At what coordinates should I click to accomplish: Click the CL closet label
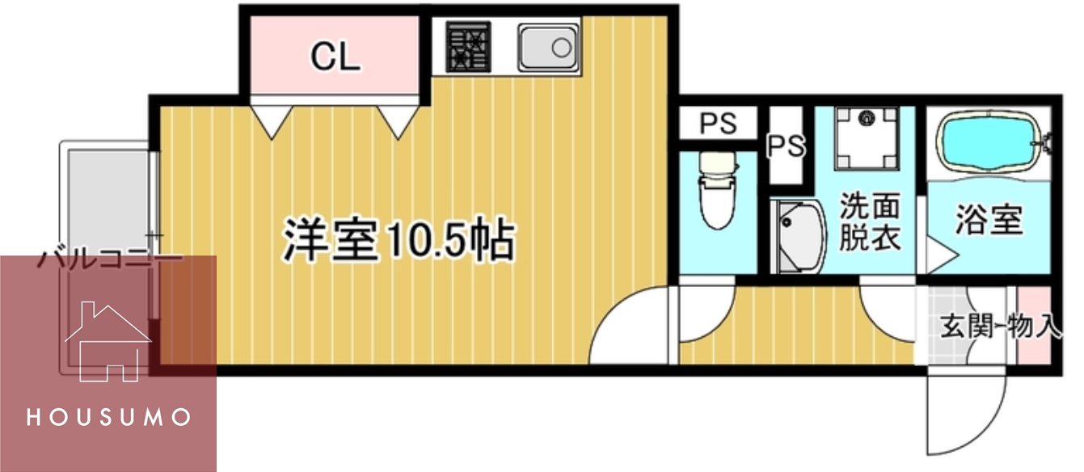335,57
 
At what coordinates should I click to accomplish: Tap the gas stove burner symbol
468,47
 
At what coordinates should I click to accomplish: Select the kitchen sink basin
549,47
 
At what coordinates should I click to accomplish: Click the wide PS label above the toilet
718,124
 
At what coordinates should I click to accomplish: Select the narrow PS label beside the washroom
786,146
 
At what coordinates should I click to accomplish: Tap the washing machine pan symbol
867,138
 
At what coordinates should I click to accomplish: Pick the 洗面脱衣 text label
869,222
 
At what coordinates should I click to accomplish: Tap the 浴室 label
989,219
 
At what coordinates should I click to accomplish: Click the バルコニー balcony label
110,261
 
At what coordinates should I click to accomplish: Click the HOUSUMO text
108,418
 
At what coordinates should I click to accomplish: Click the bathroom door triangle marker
938,255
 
